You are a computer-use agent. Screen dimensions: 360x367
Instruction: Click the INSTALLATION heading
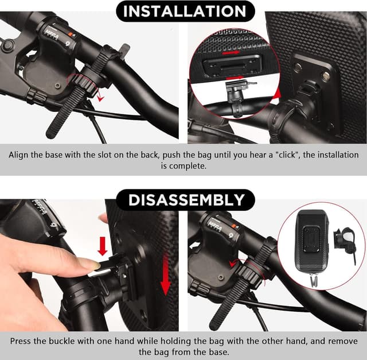tap(183, 11)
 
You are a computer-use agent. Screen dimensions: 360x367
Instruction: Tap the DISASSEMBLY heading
tap(184, 200)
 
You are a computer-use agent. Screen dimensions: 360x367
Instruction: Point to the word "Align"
tap(21, 155)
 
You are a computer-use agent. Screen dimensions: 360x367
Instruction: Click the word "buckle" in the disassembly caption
tap(68, 340)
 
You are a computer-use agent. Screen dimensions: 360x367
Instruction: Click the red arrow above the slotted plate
tap(232, 51)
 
